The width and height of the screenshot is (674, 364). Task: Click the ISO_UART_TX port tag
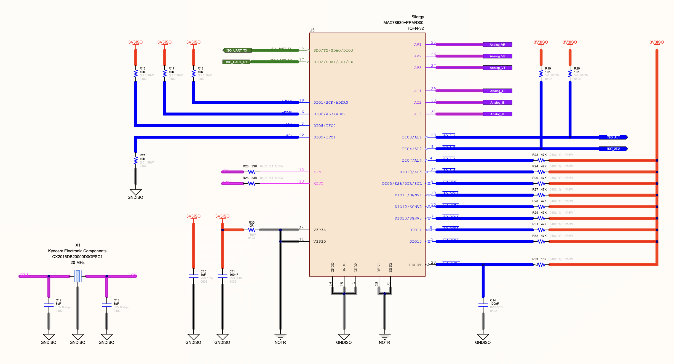(237, 50)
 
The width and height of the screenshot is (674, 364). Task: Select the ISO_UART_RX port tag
(237, 62)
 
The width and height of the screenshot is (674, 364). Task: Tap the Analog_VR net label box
(498, 45)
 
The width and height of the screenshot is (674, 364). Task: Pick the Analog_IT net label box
(498, 114)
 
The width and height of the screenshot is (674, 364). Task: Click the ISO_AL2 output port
(613, 149)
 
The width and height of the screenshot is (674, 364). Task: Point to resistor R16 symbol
(136, 74)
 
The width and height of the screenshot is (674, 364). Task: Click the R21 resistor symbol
(136, 160)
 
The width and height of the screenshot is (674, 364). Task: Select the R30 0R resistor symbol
(251, 230)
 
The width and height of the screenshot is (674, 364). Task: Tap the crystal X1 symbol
(78, 276)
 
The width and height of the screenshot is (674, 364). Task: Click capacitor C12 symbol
(49, 305)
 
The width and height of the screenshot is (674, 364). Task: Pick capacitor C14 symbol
(483, 305)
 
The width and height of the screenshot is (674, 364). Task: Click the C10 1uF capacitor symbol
(194, 276)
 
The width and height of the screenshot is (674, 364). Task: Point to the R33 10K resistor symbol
(541, 265)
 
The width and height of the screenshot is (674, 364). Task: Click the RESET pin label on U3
(415, 265)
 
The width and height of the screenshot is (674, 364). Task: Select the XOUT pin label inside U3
(318, 184)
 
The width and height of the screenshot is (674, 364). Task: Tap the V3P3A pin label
(320, 230)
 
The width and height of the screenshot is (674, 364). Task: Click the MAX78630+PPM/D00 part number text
(403, 23)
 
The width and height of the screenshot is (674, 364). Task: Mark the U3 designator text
(312, 30)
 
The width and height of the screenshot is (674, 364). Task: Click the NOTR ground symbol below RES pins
(384, 337)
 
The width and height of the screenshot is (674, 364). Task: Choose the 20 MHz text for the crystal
(77, 263)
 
